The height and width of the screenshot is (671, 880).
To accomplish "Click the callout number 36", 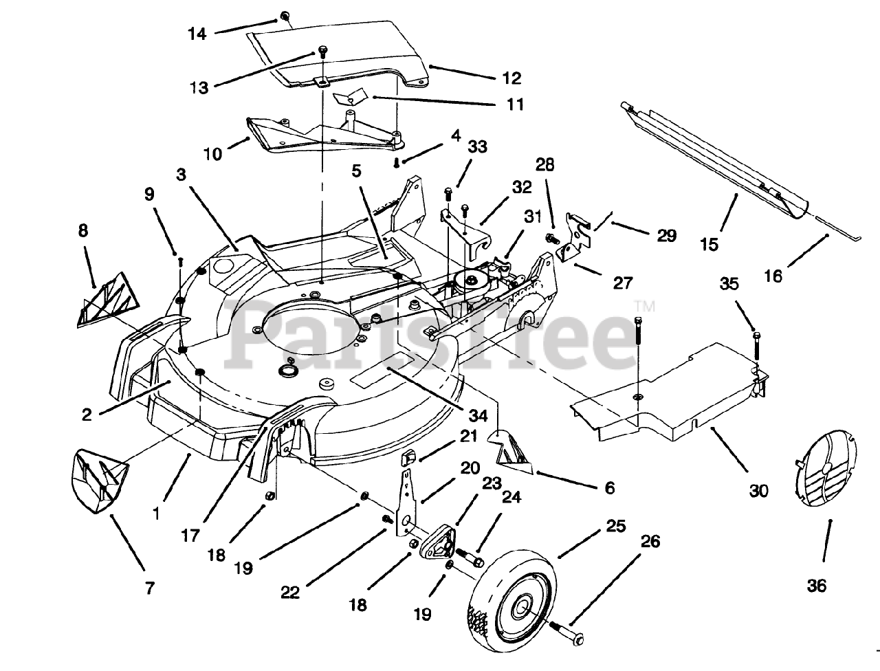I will pyautogui.click(x=817, y=586).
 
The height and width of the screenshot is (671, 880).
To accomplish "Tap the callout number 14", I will pyautogui.click(x=197, y=32).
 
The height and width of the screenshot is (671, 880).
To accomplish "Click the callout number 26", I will pyautogui.click(x=649, y=542).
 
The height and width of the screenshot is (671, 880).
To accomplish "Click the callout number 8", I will pyautogui.click(x=83, y=230).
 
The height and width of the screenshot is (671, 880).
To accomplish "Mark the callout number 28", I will pyautogui.click(x=545, y=165).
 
